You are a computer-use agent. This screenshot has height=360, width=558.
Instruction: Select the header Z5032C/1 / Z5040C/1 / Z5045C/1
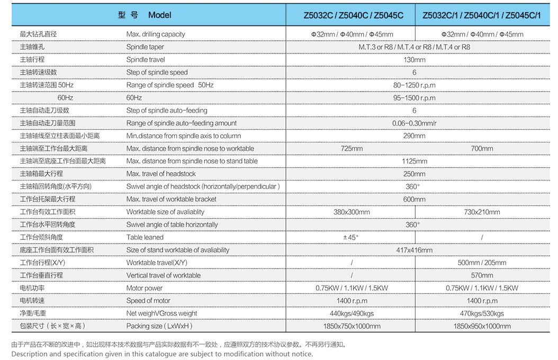482,15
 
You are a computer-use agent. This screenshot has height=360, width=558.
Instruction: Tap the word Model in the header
160,15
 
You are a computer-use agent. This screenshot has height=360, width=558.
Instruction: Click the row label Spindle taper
145,47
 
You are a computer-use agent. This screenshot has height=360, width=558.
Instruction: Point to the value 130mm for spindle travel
414,60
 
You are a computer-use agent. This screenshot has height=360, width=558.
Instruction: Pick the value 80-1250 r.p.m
414,85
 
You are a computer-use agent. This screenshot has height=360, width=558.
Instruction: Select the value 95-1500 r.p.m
414,98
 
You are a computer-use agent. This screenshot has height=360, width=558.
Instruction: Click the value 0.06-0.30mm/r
414,123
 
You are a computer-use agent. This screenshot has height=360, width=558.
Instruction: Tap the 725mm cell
352,149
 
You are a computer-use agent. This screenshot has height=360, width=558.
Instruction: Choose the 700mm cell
482,149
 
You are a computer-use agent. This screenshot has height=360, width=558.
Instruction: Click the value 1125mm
414,161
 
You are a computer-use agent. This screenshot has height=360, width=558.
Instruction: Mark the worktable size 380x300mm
352,212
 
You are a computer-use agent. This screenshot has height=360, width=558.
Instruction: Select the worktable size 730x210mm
482,212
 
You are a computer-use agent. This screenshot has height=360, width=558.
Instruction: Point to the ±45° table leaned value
352,238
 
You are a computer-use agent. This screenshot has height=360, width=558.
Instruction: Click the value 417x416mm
414,250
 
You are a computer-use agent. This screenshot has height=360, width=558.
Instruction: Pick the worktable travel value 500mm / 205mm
482,263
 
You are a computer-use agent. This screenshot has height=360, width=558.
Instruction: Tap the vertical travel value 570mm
482,276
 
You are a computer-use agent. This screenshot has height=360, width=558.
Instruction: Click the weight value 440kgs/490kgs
352,314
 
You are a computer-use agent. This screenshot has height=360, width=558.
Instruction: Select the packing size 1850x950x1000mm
482,327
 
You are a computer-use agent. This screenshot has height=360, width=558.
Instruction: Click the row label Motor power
145,289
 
